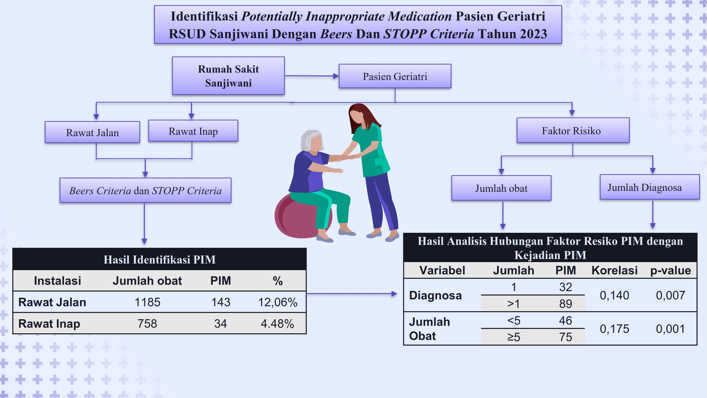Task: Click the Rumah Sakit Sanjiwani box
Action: (x=228, y=76)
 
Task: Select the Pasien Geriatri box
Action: (x=395, y=76)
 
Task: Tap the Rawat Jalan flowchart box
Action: (x=92, y=132)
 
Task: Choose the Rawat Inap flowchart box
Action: (x=193, y=131)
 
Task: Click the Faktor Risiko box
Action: (x=573, y=130)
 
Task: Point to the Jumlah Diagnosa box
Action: (x=650, y=187)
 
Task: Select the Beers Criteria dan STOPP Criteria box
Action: (x=145, y=190)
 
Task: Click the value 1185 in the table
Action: (x=147, y=302)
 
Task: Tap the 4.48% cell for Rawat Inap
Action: (x=277, y=323)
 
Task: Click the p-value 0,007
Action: (x=670, y=295)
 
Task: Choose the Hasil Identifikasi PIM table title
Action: (x=160, y=260)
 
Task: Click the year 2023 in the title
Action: (x=533, y=34)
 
